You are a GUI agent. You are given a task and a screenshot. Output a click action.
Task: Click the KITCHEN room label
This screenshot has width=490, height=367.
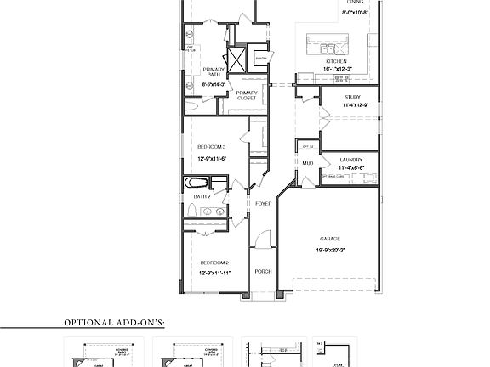[x=337, y=62]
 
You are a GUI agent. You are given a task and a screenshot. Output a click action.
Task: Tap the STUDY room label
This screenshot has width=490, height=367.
[x=352, y=97]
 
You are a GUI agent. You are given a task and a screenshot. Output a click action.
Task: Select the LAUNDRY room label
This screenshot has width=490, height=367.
[x=351, y=159]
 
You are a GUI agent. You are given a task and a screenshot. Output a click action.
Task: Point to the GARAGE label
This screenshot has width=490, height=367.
[x=331, y=239]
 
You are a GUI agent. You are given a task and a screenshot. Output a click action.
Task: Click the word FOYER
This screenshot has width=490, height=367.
[x=262, y=204]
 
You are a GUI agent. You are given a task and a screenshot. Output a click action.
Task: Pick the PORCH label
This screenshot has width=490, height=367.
[x=262, y=272]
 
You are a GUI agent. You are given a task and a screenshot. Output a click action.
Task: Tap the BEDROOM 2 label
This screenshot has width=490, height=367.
[x=214, y=263]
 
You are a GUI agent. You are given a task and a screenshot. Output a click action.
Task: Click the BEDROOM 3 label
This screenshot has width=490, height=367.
[x=212, y=147]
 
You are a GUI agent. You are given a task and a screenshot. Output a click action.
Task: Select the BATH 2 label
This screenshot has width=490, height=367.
[x=202, y=196]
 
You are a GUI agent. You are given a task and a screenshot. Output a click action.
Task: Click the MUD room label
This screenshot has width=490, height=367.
[x=307, y=162]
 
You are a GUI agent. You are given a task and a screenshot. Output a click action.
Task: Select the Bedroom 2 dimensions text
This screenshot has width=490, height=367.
[x=214, y=274]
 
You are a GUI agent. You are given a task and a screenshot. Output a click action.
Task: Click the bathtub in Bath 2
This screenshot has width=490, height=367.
[x=197, y=183]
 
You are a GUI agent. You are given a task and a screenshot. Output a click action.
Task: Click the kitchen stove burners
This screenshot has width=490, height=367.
[x=342, y=78]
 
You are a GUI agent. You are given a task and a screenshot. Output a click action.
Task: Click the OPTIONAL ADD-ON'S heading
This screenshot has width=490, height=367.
[x=115, y=323]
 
